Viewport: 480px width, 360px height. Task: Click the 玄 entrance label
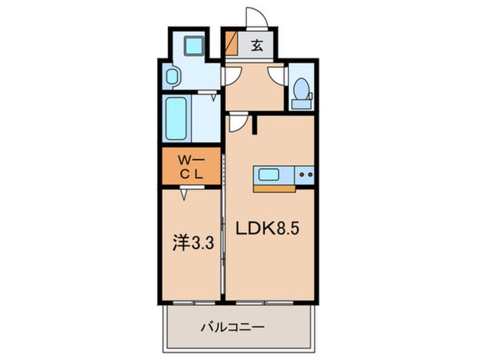coord(257,46)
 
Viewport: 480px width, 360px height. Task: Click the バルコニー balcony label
coord(233,327)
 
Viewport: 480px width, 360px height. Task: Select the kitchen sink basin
coord(269,175)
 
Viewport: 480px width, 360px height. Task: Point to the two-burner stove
coord(306,175)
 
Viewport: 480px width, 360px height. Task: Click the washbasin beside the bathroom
coord(171,77)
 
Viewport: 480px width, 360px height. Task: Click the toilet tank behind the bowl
coord(301,103)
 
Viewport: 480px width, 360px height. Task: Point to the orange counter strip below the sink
coord(273,188)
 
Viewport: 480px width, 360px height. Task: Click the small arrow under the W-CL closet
coord(184,194)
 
